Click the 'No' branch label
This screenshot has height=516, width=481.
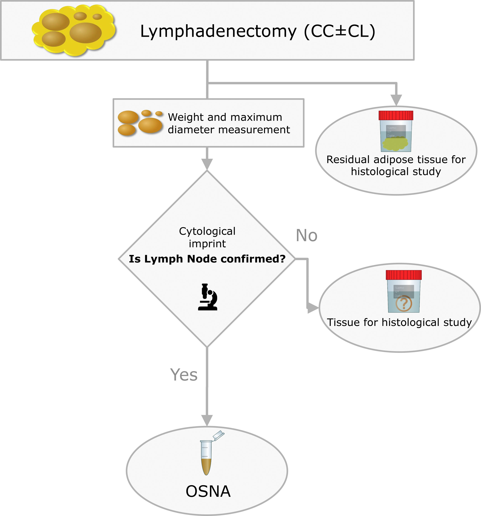[306, 236]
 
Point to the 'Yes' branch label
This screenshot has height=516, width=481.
[184, 375]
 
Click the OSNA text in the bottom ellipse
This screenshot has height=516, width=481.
[208, 491]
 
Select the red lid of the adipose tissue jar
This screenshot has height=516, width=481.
[396, 115]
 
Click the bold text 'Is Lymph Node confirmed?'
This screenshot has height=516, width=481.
[207, 259]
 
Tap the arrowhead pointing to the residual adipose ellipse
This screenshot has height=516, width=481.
[396, 100]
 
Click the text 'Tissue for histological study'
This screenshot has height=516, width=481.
[399, 322]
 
